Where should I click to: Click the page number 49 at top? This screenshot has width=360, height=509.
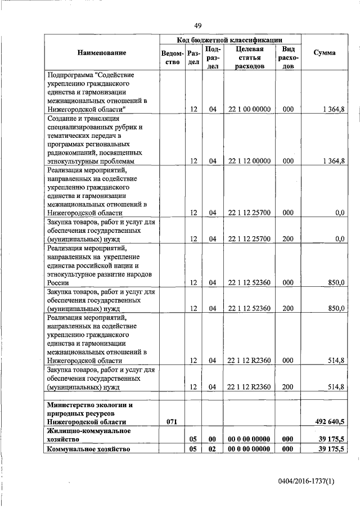[198, 25]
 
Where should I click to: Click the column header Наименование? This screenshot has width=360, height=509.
[102, 52]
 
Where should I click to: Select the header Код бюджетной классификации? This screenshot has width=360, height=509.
[229, 39]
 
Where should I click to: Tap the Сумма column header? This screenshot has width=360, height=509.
[325, 52]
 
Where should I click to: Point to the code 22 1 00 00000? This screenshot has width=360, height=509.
[250, 109]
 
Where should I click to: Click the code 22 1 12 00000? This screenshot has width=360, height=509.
[250, 161]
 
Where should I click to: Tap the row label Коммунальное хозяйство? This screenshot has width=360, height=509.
[89, 449]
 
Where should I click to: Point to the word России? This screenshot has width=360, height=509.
[59, 282]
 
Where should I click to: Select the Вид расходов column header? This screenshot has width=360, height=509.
[288, 57]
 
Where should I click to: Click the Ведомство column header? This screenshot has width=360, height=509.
[173, 57]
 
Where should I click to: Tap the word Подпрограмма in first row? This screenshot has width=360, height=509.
[71, 74]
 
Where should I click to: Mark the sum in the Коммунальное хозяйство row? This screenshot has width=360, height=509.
[331, 449]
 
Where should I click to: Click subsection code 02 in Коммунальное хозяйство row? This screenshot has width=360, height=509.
[213, 449]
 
